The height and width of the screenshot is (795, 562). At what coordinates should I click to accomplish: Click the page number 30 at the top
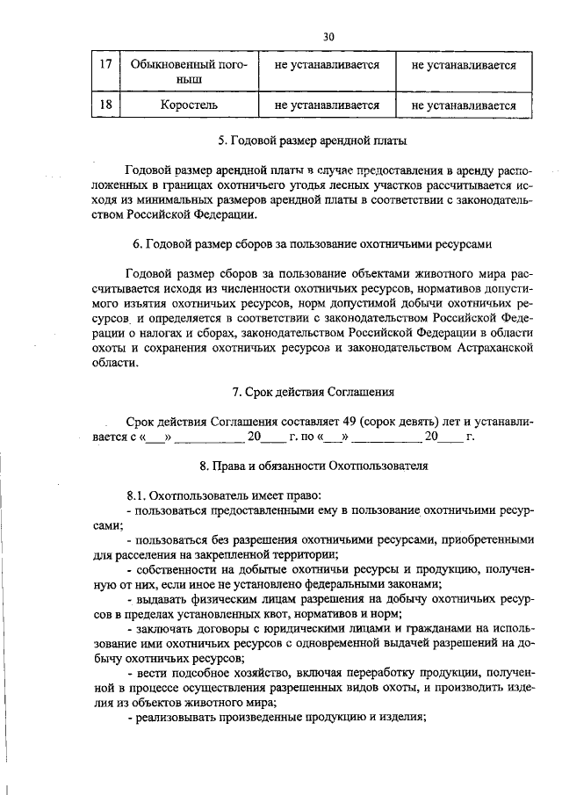328,37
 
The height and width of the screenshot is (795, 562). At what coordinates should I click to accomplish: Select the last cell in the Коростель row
463,105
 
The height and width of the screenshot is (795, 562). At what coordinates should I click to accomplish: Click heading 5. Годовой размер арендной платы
312,140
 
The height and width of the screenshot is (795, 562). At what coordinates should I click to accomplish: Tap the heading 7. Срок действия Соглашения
312,391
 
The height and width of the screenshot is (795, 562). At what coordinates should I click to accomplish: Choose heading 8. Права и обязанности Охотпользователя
313,466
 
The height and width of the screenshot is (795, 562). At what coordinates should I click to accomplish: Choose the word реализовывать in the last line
175,717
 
